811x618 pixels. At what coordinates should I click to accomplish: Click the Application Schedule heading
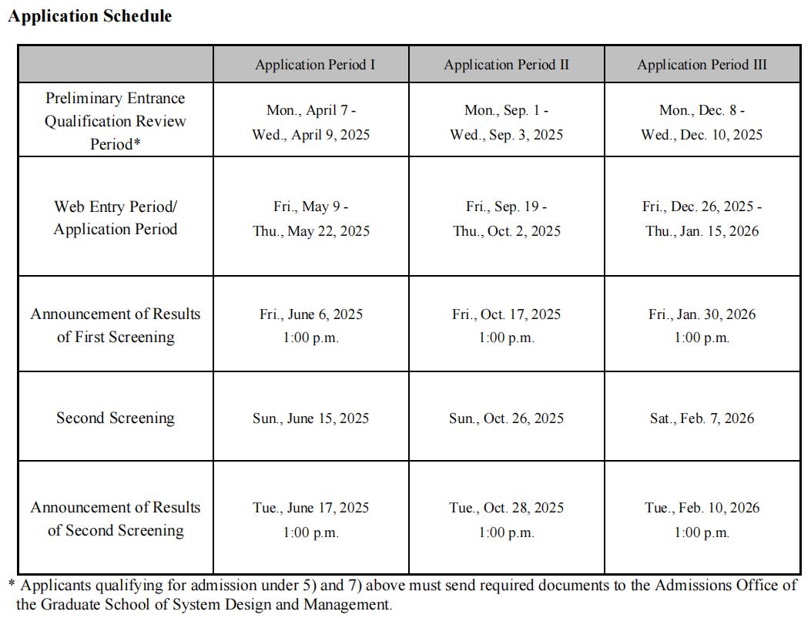pyautogui.click(x=89, y=16)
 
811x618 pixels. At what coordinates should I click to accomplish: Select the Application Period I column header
pyautogui.click(x=315, y=65)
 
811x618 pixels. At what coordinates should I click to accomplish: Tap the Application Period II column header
pyautogui.click(x=506, y=65)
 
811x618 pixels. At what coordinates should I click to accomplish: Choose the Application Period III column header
pyautogui.click(x=702, y=65)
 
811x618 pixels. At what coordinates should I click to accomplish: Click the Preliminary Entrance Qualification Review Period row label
pyautogui.click(x=116, y=121)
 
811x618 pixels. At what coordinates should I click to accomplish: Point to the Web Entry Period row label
pyautogui.click(x=116, y=218)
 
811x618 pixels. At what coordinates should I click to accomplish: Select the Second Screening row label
pyautogui.click(x=116, y=418)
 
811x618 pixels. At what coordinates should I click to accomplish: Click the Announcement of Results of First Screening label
pyautogui.click(x=116, y=325)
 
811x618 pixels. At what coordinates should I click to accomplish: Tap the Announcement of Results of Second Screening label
pyautogui.click(x=116, y=519)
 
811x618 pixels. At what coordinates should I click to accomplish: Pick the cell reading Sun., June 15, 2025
pyautogui.click(x=310, y=418)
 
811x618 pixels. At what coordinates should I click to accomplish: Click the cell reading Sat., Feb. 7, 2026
pyautogui.click(x=702, y=418)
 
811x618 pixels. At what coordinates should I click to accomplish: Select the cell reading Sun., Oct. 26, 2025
pyautogui.click(x=506, y=418)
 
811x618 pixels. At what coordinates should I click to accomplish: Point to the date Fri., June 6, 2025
pyautogui.click(x=310, y=314)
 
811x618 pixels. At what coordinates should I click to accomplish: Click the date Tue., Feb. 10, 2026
pyautogui.click(x=702, y=508)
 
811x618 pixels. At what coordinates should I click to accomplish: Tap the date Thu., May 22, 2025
pyautogui.click(x=310, y=231)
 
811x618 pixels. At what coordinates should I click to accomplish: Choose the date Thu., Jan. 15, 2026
pyautogui.click(x=702, y=231)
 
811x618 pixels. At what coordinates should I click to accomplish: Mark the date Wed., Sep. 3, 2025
pyautogui.click(x=506, y=135)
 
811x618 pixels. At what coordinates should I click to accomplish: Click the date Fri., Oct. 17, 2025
pyautogui.click(x=506, y=314)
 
